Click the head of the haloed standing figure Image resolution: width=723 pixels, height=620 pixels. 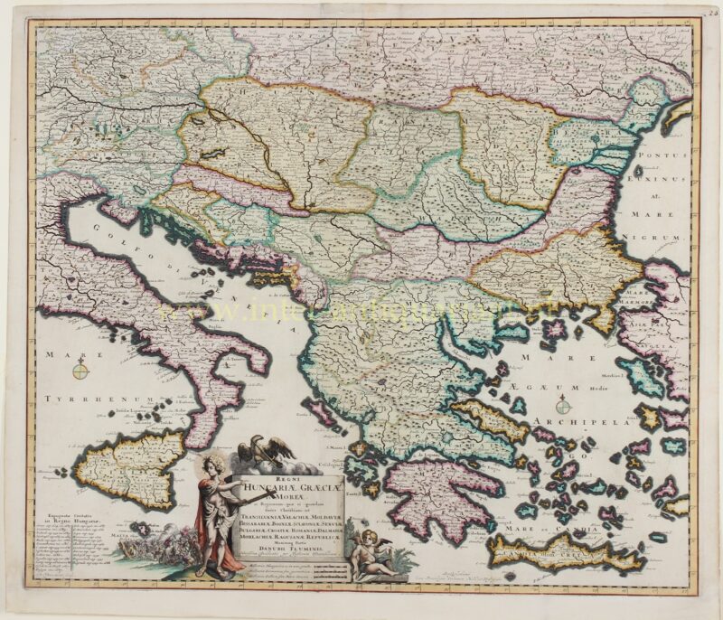click(214, 468)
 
